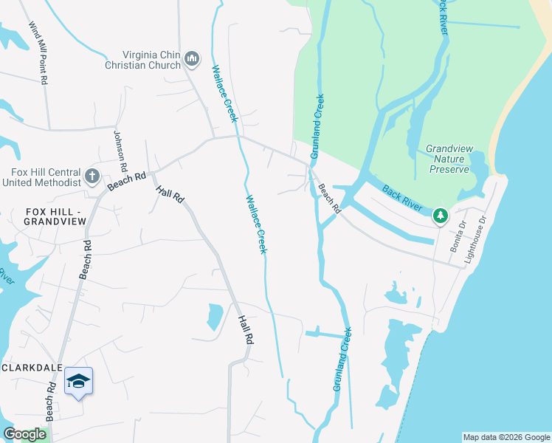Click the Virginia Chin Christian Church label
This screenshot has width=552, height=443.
pyautogui.click(x=152, y=59)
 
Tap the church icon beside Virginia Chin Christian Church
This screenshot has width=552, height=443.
pyautogui.click(x=193, y=58)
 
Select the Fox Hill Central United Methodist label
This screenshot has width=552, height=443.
pyautogui.click(x=41, y=176)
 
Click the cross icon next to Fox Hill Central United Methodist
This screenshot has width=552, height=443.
pyautogui.click(x=92, y=176)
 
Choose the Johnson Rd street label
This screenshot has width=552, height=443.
pyautogui.click(x=120, y=151)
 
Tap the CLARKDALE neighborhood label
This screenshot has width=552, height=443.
pyautogui.click(x=29, y=367)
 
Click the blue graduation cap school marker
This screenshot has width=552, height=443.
pyautogui.click(x=78, y=381)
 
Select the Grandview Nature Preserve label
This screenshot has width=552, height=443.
pyautogui.click(x=447, y=159)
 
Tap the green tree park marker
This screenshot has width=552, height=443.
pyautogui.click(x=440, y=216)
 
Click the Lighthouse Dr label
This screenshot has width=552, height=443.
pyautogui.click(x=477, y=241)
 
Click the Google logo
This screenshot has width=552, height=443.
pyautogui.click(x=24, y=434)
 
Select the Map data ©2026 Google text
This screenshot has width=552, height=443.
pyautogui.click(x=506, y=437)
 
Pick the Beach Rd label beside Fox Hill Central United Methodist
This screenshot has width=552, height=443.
pyautogui.click(x=126, y=180)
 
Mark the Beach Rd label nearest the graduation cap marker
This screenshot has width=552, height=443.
pyautogui.click(x=51, y=402)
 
